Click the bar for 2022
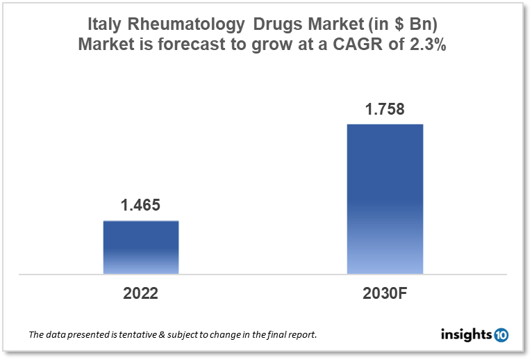[141, 247]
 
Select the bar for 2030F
[385, 199]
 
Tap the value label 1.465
[141, 206]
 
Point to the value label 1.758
[385, 109]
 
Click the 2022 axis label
[141, 293]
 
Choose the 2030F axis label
[385, 293]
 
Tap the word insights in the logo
[466, 335]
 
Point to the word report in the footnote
[301, 335]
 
